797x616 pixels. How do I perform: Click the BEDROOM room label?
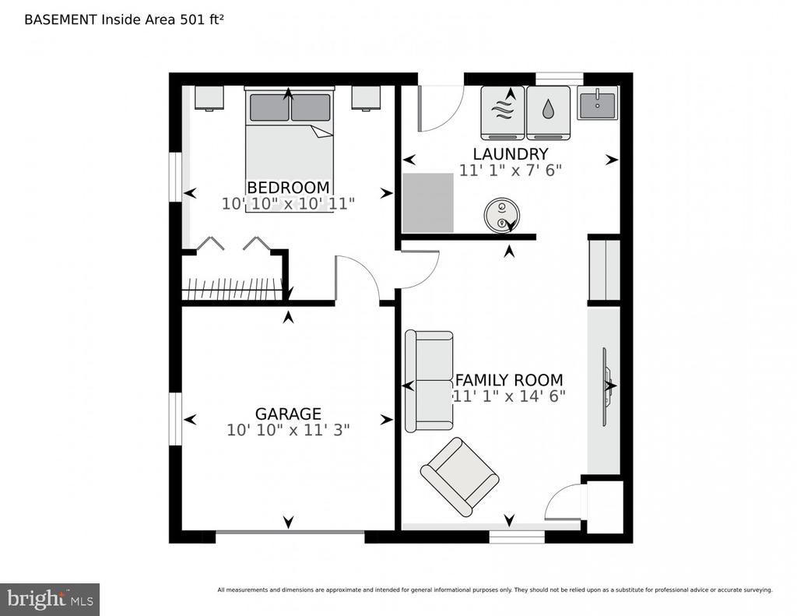click(x=288, y=187)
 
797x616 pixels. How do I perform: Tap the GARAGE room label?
click(x=288, y=414)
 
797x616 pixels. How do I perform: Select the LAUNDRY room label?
click(x=511, y=153)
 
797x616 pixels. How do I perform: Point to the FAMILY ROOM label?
click(x=509, y=380)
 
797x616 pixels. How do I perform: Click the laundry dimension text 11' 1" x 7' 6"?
click(x=511, y=171)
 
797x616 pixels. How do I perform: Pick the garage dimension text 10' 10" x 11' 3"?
click(x=288, y=431)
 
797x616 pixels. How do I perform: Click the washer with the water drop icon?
click(x=549, y=113)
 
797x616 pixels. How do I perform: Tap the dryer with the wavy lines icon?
click(x=504, y=113)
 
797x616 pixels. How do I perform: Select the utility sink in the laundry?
click(x=597, y=103)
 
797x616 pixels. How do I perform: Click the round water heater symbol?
click(x=502, y=215)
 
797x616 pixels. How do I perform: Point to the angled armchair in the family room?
click(x=459, y=477)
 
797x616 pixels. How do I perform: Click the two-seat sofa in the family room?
click(x=429, y=382)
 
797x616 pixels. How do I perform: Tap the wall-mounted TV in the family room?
click(x=606, y=386)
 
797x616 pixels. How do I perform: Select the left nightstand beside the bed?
click(x=209, y=97)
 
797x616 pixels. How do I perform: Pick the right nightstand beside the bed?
click(x=367, y=97)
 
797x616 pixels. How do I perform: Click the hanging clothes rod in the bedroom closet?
click(x=232, y=290)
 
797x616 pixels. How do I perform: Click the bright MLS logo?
click(x=50, y=599)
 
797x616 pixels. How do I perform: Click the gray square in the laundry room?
click(x=428, y=203)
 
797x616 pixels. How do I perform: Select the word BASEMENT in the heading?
click(x=61, y=19)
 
